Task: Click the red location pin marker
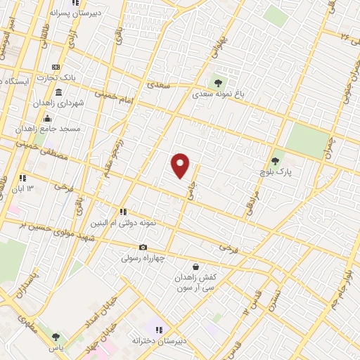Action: click(181, 166)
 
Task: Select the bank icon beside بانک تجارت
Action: click(56, 67)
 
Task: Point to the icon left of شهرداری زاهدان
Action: click(58, 93)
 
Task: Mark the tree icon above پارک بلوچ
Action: click(275, 160)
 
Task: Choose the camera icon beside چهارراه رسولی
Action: click(143, 247)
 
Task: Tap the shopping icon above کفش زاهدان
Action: click(195, 266)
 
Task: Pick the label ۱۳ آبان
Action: click(32, 188)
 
